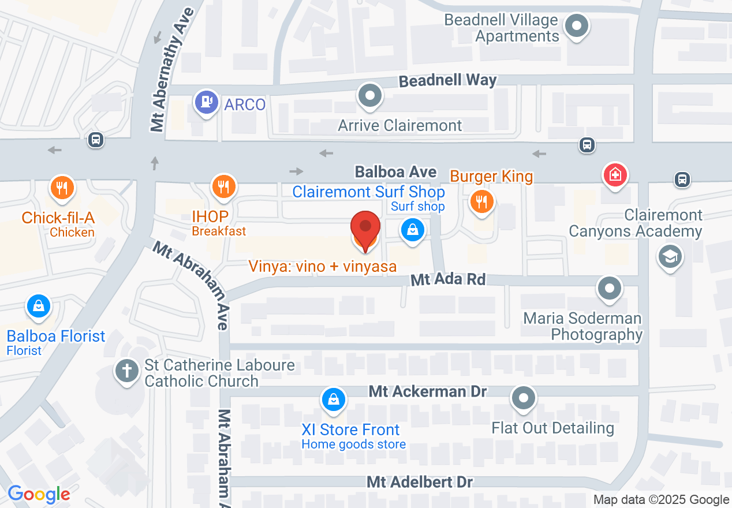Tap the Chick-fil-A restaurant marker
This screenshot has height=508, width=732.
(x=61, y=188)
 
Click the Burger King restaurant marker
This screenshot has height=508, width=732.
(x=480, y=201)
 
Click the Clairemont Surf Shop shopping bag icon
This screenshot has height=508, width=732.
(x=413, y=230)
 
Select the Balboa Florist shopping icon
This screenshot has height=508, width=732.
(x=38, y=306)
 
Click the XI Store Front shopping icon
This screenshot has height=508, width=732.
(x=334, y=399)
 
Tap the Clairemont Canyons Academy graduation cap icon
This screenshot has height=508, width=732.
(x=670, y=256)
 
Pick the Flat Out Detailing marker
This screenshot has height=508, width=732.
(x=524, y=398)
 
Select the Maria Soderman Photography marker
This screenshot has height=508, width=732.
(x=609, y=287)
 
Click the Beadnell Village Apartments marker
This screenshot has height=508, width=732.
(x=576, y=26)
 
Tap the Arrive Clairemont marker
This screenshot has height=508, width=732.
(x=370, y=95)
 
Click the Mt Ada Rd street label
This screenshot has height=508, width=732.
(x=448, y=280)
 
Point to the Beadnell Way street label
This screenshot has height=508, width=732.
(x=448, y=80)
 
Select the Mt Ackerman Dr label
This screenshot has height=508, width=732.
(x=428, y=391)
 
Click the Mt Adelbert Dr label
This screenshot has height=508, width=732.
(x=420, y=481)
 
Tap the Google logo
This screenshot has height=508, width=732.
(x=39, y=494)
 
